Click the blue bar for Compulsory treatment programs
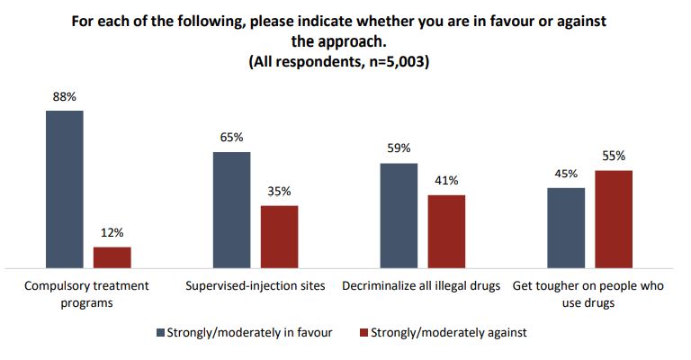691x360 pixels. pyautogui.click(x=64, y=189)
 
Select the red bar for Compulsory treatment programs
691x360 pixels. pyautogui.click(x=112, y=257)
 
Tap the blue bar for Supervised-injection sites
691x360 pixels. pyautogui.click(x=231, y=210)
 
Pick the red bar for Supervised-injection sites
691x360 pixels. pyautogui.click(x=279, y=237)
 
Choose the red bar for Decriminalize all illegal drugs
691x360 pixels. pyautogui.click(x=446, y=231)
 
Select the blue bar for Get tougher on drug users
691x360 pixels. pyautogui.click(x=566, y=228)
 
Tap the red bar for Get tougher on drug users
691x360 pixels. pyautogui.click(x=614, y=219)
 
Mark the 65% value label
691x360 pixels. pyautogui.click(x=231, y=139)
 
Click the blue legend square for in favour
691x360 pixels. pyautogui.click(x=160, y=333)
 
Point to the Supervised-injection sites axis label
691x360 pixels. pyautogui.click(x=256, y=286)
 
